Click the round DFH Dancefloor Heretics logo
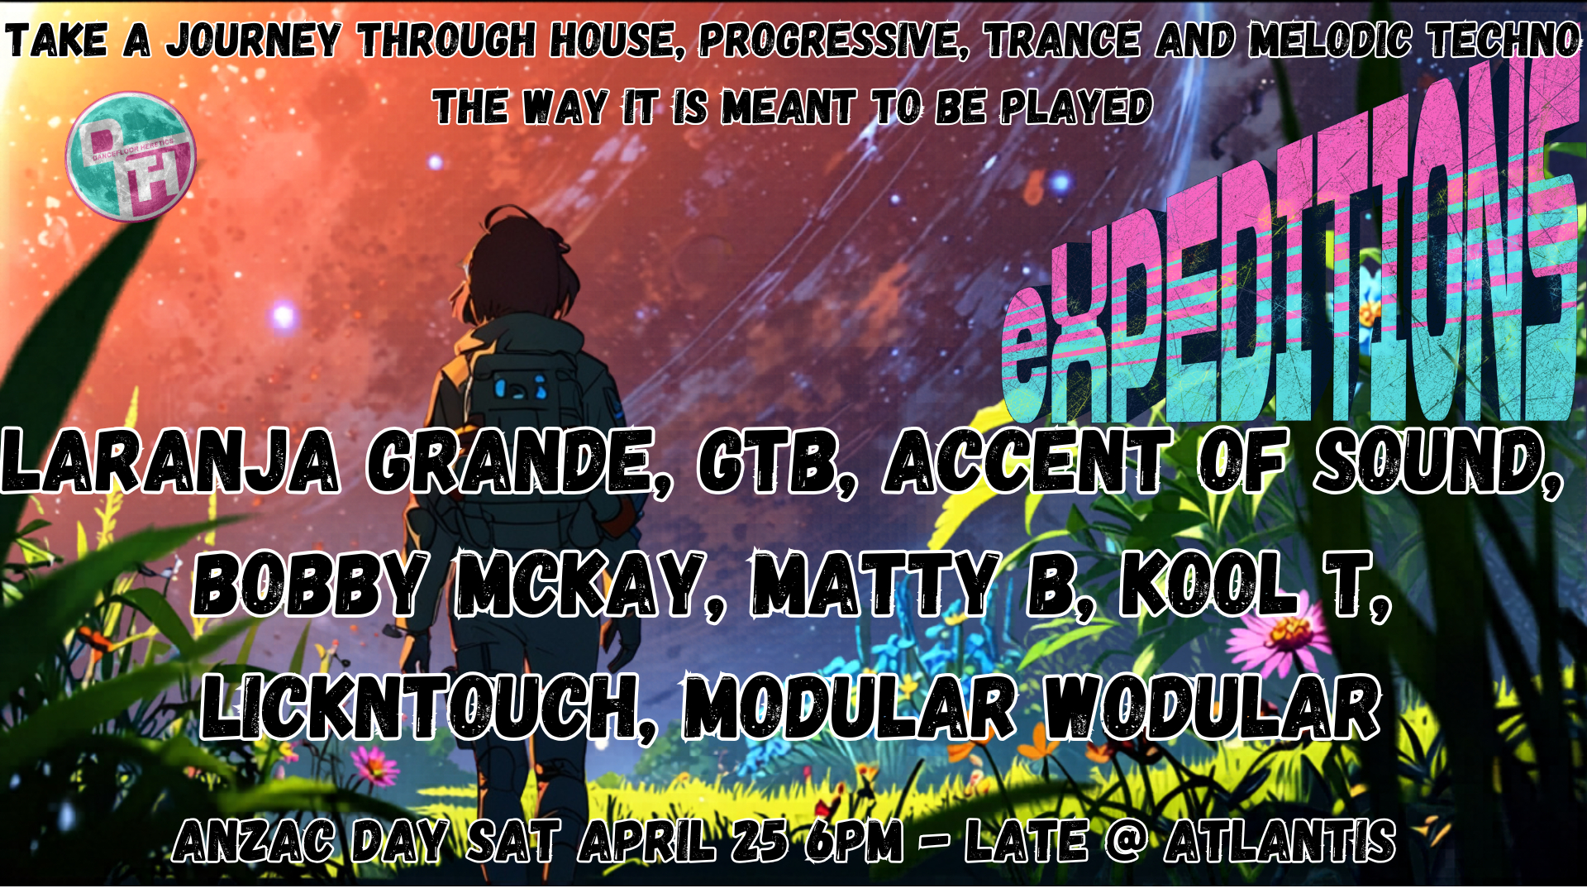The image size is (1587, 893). click(x=131, y=157)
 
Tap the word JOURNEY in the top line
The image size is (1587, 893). click(x=254, y=41)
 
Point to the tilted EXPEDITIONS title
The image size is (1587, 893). click(x=1289, y=273)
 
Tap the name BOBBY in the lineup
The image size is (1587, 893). click(x=312, y=585)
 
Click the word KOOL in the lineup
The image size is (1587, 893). click(x=1208, y=585)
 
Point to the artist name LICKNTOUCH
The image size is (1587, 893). click(x=428, y=707)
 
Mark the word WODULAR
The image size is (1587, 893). click(x=1212, y=707)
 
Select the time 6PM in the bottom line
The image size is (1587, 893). click(x=854, y=842)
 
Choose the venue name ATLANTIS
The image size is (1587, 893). click(x=1280, y=842)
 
